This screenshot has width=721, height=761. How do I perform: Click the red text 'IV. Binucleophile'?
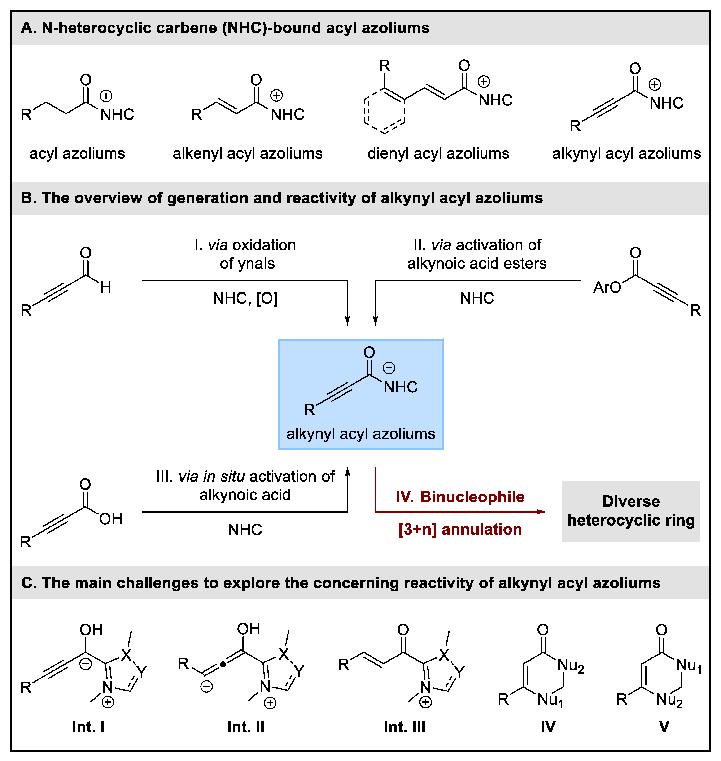coord(460,497)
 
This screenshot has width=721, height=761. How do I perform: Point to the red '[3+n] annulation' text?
coord(460,529)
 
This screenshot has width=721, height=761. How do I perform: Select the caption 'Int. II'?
coord(246,727)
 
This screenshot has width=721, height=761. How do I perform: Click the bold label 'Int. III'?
coord(404,727)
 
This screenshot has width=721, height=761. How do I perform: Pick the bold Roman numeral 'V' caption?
coord(664,727)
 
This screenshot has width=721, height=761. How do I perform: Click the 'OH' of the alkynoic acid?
coord(111,519)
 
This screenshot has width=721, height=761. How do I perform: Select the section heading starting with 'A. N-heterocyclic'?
coord(225,28)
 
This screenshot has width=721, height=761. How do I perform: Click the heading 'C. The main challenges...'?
coord(341,583)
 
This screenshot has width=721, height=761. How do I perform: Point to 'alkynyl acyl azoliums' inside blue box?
coord(360,434)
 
